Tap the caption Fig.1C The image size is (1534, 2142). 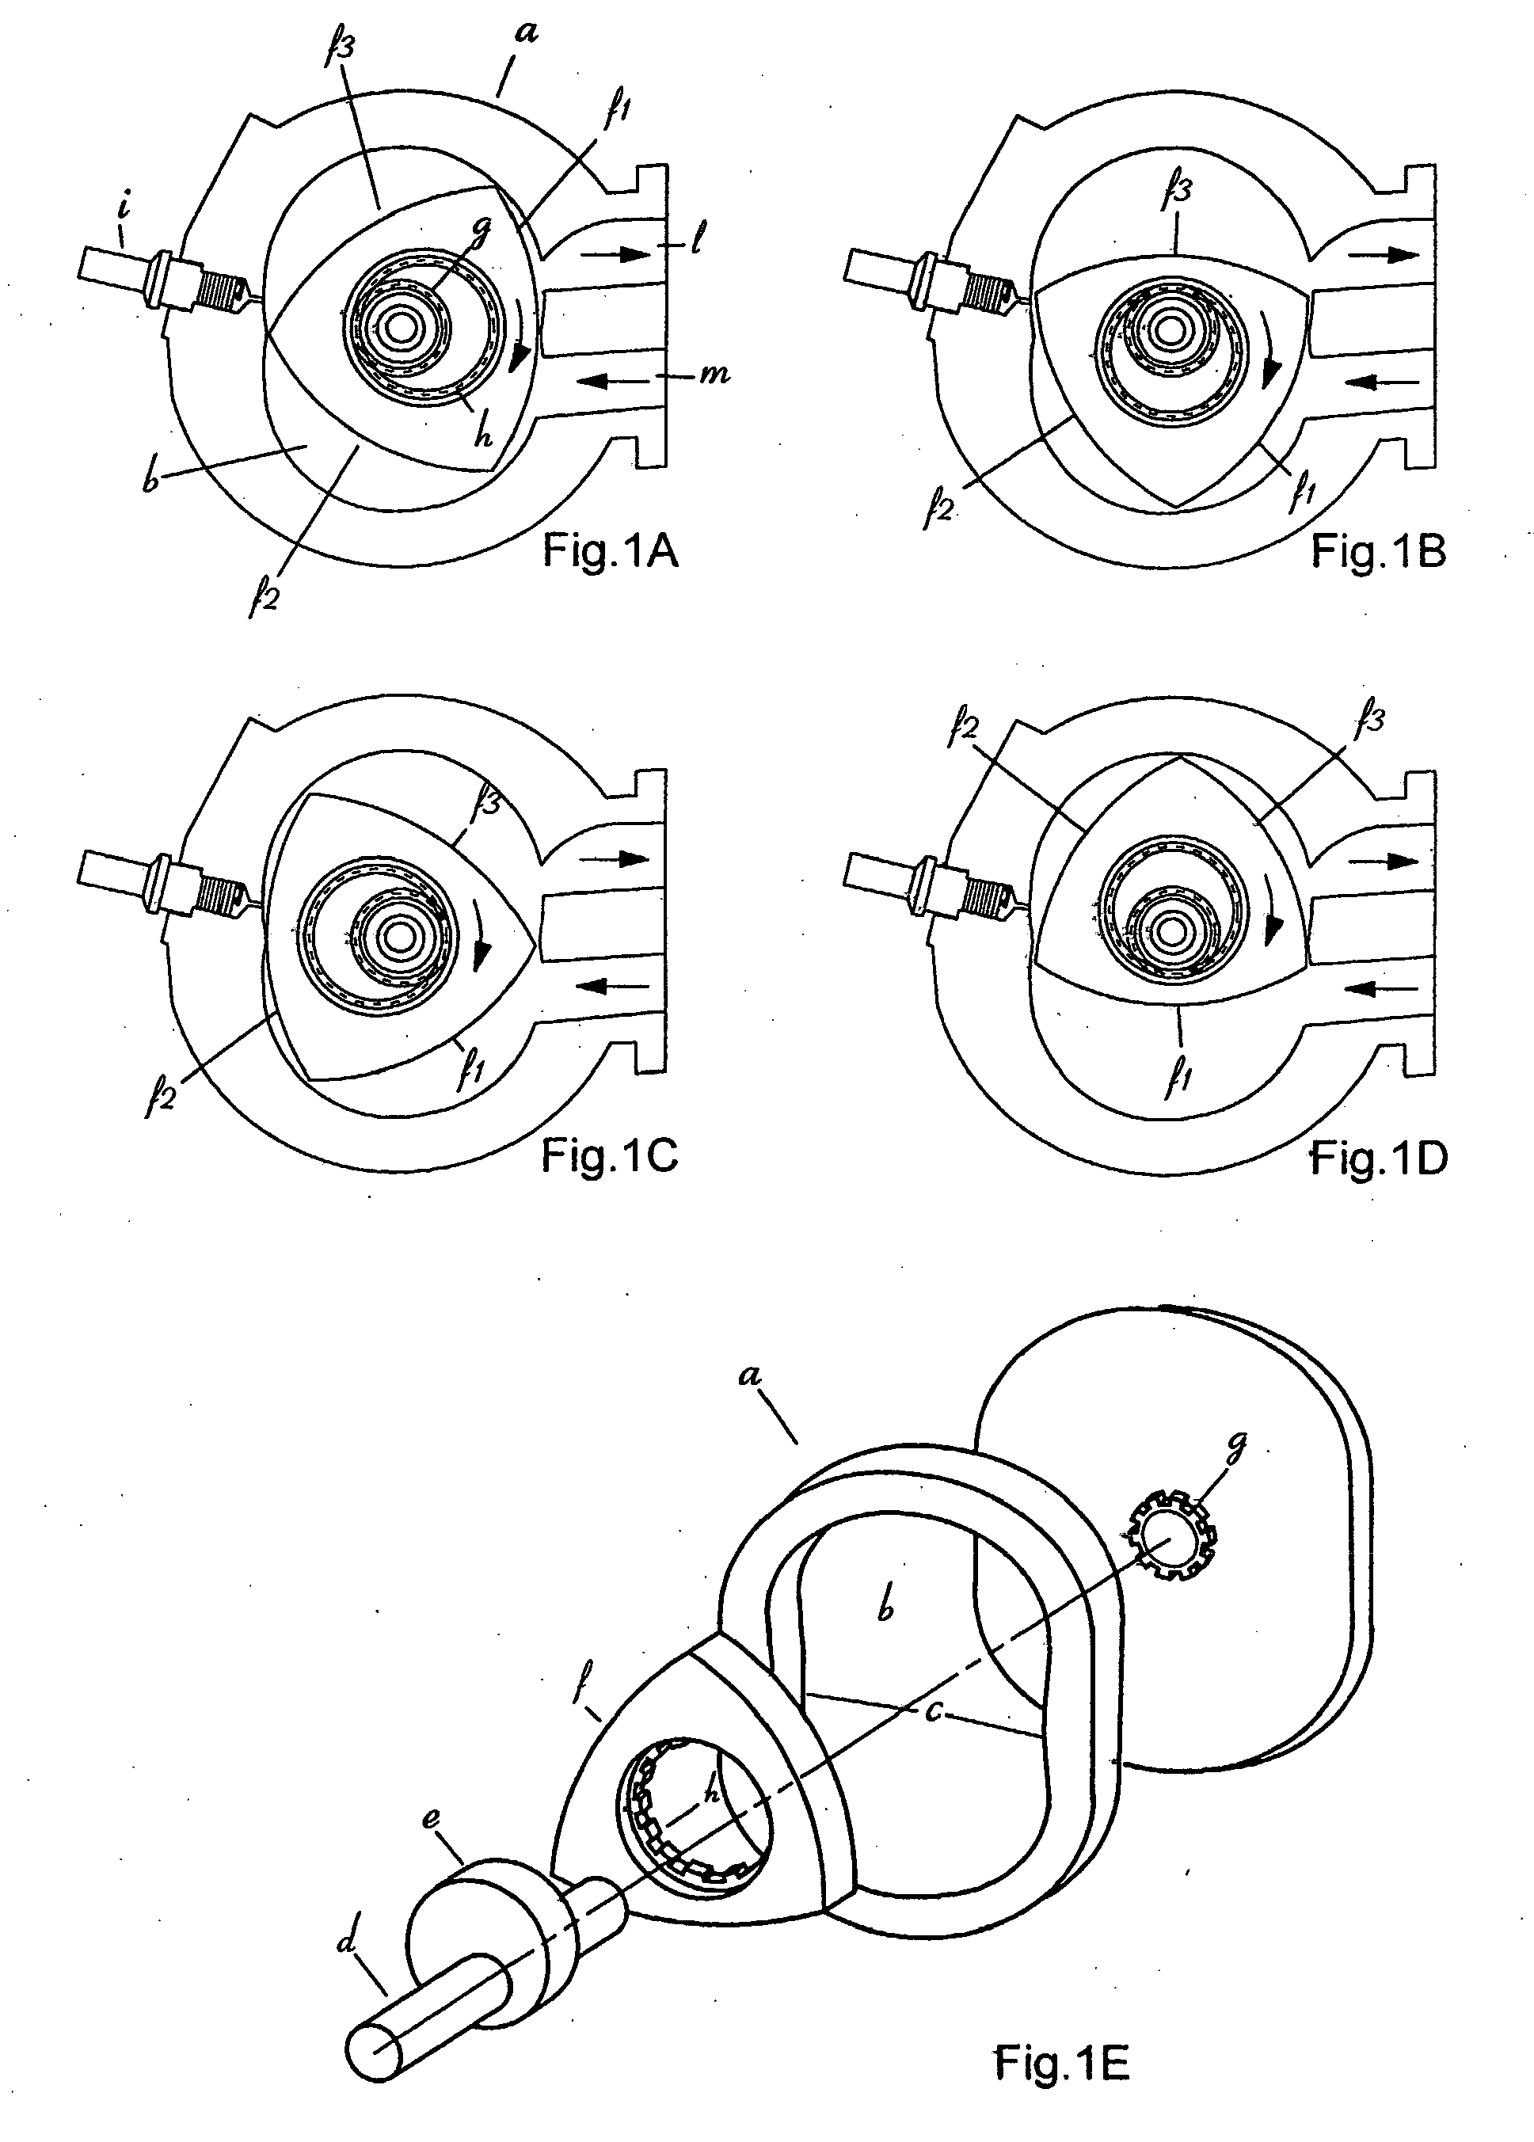609,1157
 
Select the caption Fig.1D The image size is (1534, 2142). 1378,1159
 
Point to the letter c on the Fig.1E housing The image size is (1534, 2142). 933,1714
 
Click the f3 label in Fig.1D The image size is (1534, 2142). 1368,725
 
